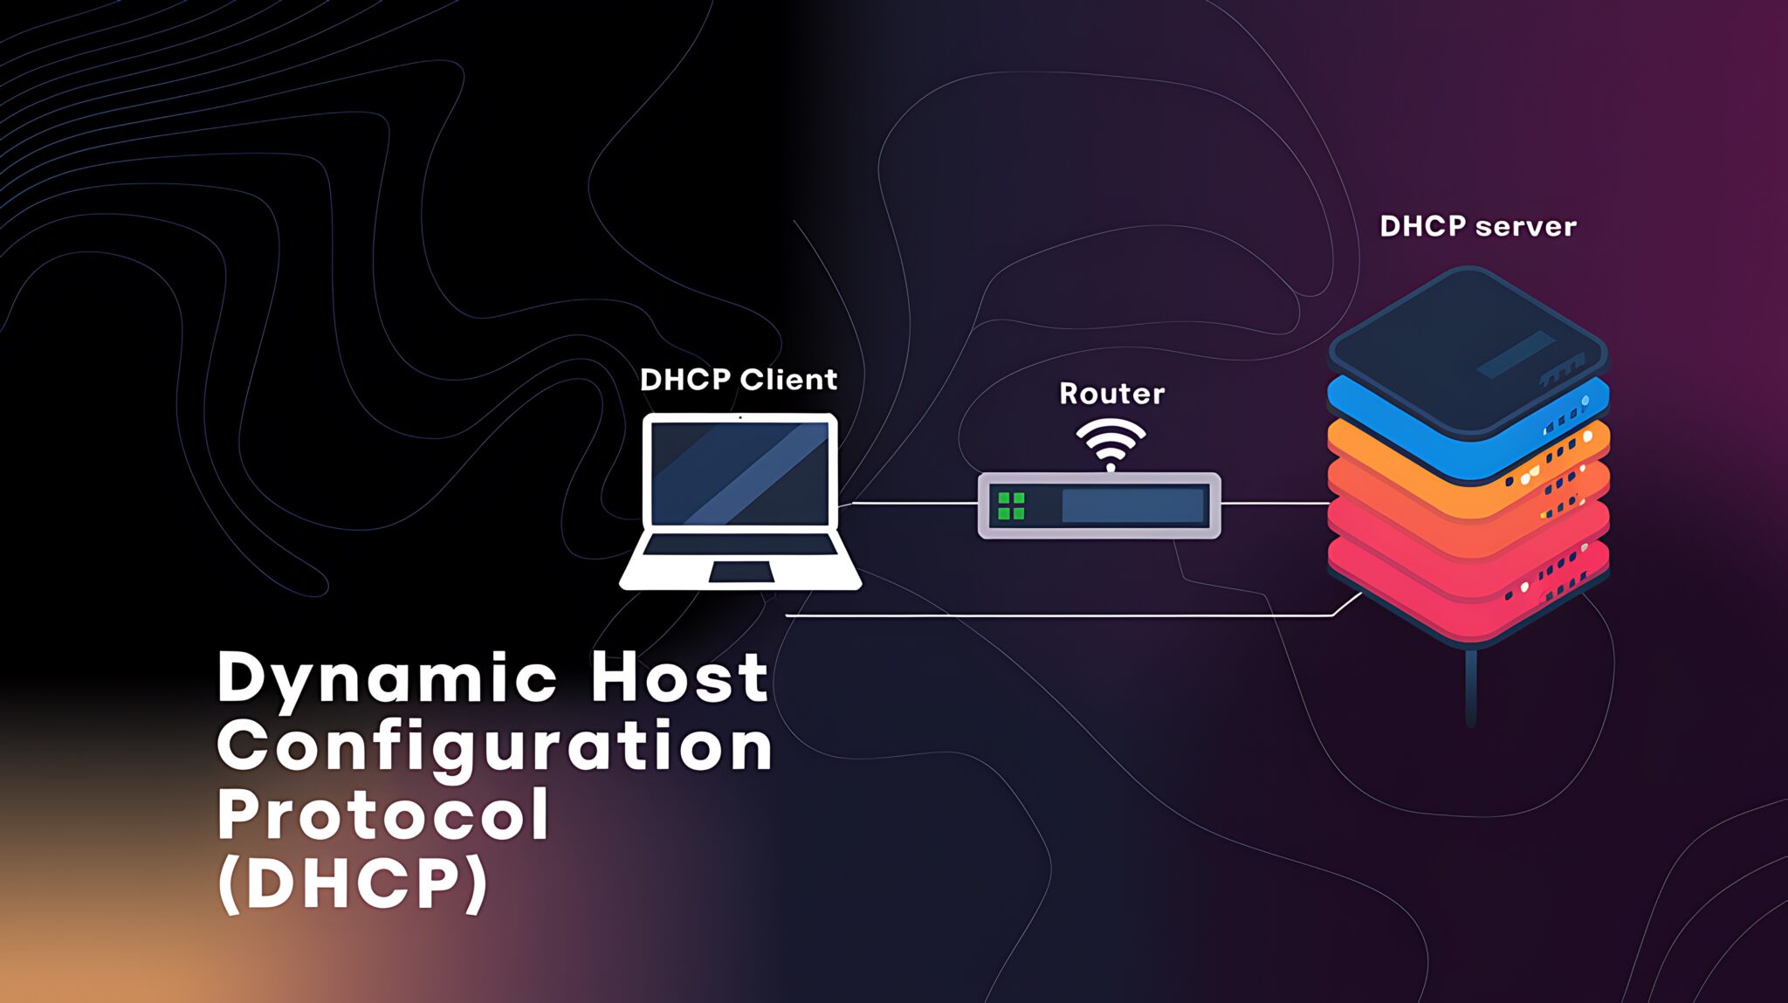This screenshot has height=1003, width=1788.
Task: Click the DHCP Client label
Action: (738, 380)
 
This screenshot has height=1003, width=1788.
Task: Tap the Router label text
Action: (1111, 394)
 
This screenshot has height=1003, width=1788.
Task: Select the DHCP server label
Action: (1477, 227)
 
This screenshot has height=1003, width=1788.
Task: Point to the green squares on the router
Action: (1011, 505)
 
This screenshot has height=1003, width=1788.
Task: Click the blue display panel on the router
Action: (1132, 505)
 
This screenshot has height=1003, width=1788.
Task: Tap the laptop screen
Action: (740, 472)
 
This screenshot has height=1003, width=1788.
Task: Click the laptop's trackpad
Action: (740, 573)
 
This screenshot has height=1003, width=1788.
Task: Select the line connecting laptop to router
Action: (912, 504)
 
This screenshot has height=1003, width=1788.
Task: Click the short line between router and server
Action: (1275, 504)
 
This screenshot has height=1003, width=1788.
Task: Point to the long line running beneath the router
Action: (1048, 615)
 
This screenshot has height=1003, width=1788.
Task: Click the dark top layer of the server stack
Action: (1467, 345)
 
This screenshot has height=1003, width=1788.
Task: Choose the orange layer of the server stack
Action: (1371, 445)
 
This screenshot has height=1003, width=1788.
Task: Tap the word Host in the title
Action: (679, 677)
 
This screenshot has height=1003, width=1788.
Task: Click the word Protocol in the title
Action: (382, 814)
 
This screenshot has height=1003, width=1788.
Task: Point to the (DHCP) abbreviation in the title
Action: (353, 883)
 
